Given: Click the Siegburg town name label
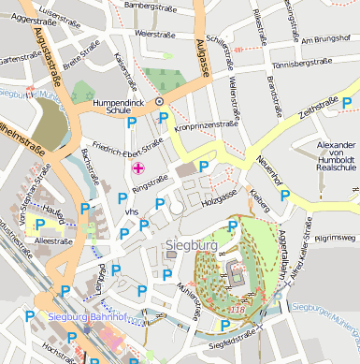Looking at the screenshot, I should tap(191, 245).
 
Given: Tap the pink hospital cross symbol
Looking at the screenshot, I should tap(139, 167).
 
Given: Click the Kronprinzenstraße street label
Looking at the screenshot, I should tap(207, 124).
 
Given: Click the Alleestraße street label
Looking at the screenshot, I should tap(52, 240).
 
